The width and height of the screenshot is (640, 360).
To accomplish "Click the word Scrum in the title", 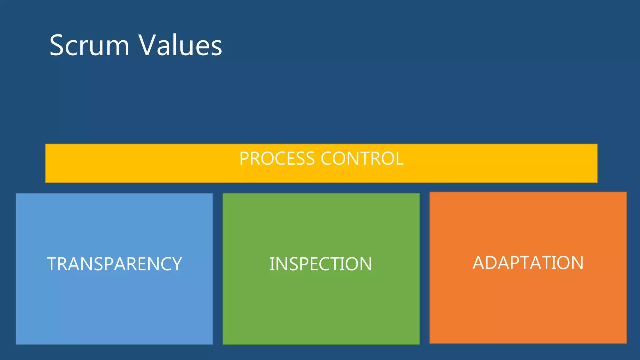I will click(x=89, y=46).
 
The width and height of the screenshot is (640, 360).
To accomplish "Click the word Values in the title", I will click(x=180, y=46).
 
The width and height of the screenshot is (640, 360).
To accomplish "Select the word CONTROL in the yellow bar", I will click(x=362, y=158).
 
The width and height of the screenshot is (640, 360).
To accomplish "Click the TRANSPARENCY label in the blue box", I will click(x=114, y=264).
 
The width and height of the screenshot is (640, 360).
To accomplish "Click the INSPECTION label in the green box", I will click(x=321, y=264).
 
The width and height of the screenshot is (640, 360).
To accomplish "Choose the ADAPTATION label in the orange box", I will click(x=528, y=263).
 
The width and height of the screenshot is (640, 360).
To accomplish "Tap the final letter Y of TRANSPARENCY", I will click(x=176, y=264).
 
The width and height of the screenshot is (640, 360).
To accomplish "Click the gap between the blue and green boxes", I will click(x=218, y=269).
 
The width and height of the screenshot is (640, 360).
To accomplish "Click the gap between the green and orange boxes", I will click(x=425, y=269).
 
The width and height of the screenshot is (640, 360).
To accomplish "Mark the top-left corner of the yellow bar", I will click(x=46, y=144).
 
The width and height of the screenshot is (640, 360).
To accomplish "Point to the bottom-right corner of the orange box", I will click(x=626, y=343).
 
